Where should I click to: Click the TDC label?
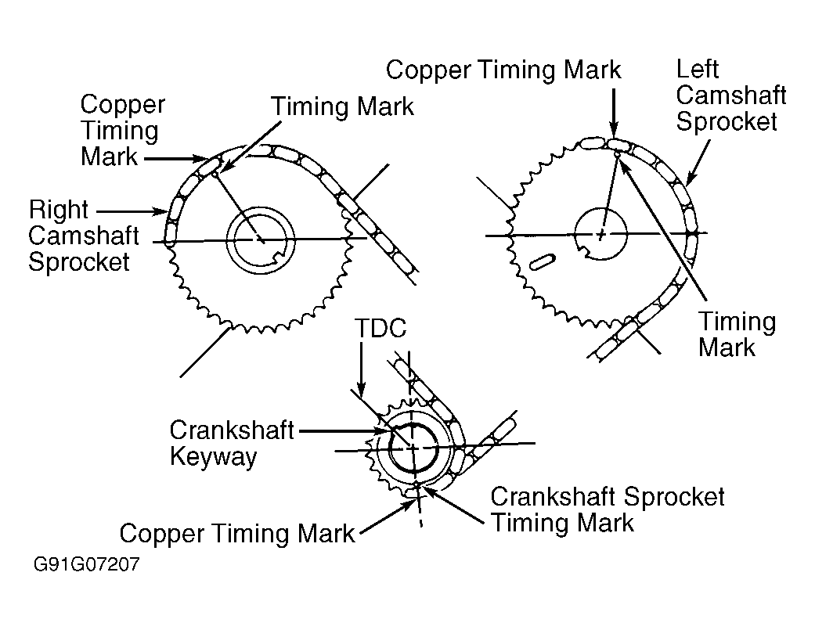(380, 329)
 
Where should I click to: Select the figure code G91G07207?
(86, 564)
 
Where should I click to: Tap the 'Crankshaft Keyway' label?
(221, 443)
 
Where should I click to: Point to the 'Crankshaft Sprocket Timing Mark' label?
(608, 509)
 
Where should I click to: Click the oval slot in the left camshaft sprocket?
(543, 261)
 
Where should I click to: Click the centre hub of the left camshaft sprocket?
(600, 233)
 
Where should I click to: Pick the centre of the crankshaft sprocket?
(412, 448)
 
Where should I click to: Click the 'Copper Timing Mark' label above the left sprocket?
(503, 70)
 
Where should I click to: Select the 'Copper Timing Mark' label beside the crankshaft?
(237, 535)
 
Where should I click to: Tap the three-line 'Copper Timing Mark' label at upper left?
(122, 130)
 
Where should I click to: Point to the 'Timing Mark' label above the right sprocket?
(342, 106)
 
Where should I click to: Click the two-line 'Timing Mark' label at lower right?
(737, 334)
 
